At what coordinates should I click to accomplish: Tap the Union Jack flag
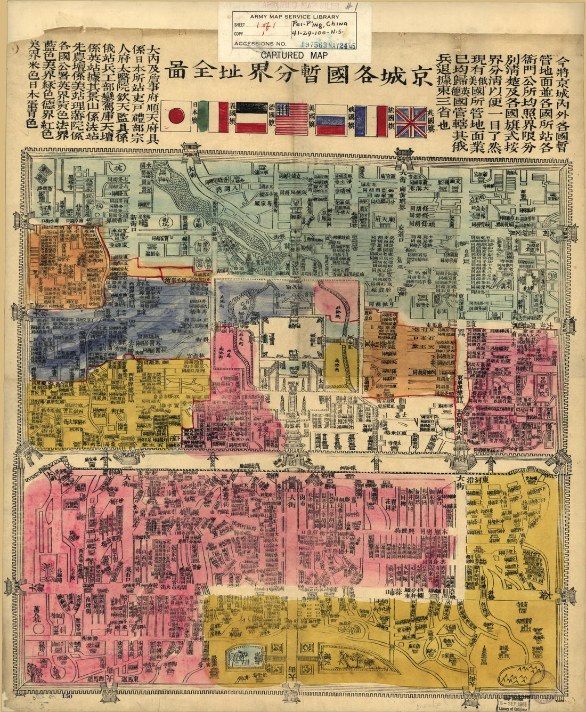[x=411, y=122]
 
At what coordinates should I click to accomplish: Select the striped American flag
[x=291, y=118]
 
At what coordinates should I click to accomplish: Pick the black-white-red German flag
[x=251, y=117]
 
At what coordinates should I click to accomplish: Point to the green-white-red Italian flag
[x=213, y=117]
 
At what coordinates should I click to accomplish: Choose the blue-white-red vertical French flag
[x=371, y=120]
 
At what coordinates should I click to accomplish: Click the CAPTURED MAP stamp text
[x=287, y=55]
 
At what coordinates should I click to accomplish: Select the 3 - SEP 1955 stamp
[x=545, y=699]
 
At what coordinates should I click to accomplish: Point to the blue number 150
[x=67, y=695]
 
